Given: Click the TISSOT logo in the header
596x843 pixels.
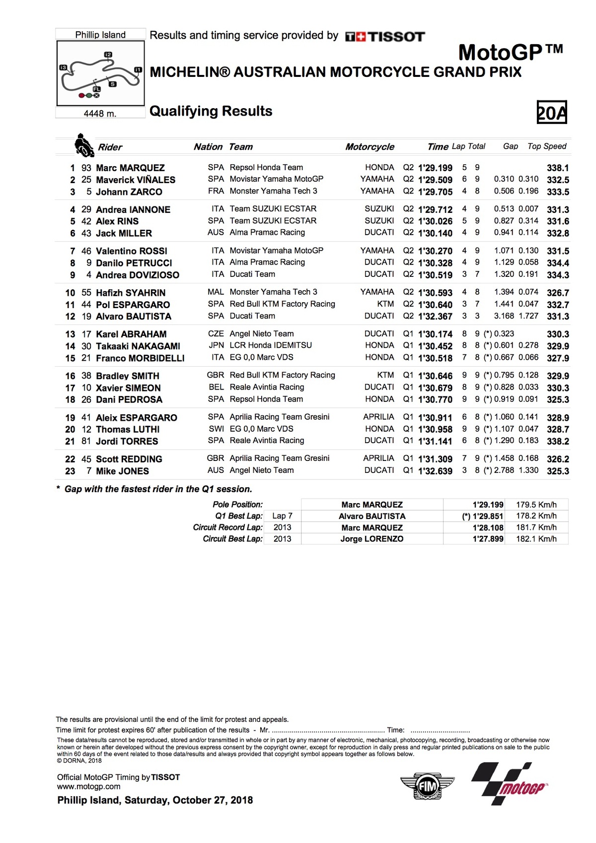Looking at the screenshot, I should (385, 36).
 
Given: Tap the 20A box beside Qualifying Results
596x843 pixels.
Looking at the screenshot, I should (552, 113).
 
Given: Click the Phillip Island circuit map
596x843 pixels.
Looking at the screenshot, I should (101, 73).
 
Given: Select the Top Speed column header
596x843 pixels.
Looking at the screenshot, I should (547, 146).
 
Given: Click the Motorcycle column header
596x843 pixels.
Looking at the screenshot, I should (370, 147).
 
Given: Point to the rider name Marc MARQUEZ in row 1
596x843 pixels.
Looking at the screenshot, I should (130, 168).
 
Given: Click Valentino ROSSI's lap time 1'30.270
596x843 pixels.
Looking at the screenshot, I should (435, 251).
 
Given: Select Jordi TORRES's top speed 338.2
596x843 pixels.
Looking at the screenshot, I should (558, 441).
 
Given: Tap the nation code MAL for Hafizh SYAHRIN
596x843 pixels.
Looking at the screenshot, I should (216, 292).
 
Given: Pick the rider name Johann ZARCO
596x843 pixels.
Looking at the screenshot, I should (129, 192).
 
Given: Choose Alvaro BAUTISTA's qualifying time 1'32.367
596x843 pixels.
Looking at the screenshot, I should (435, 317).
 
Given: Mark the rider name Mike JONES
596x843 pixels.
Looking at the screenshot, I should (122, 471).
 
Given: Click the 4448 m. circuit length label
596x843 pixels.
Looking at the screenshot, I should (100, 114).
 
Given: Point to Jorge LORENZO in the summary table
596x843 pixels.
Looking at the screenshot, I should (372, 539).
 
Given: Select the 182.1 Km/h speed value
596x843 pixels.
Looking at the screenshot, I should (536, 539).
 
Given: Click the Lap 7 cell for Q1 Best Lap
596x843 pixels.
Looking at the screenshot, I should (282, 516).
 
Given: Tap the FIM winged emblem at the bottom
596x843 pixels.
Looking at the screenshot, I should (427, 786).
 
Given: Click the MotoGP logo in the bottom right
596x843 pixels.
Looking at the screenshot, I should (510, 783).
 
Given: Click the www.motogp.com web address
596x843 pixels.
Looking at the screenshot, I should (89, 786).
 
